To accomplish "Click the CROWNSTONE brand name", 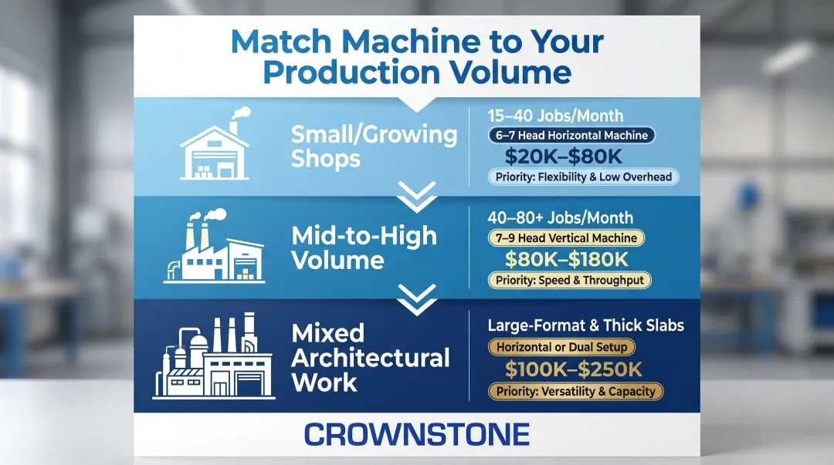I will point(416,434).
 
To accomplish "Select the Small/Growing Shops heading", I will point(374,147).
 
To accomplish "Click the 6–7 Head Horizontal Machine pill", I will point(571,136).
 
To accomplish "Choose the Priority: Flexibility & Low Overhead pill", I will point(583,177).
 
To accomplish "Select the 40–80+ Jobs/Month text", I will point(560,218).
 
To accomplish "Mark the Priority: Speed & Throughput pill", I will point(570,281).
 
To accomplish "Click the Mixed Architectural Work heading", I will point(370,358).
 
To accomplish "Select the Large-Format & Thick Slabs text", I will point(585,325).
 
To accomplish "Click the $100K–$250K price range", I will point(573,369).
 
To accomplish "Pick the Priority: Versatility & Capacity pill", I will point(575,391).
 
